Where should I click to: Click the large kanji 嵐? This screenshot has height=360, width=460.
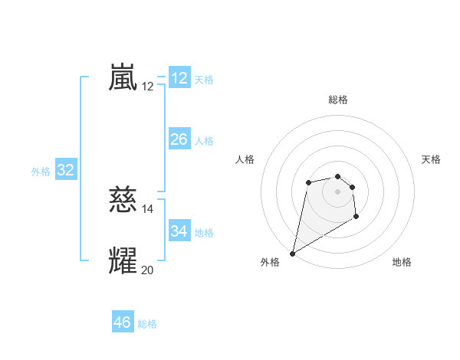point(123,78)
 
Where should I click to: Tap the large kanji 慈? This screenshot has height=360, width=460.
point(123,201)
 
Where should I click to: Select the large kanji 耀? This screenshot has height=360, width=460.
point(123,260)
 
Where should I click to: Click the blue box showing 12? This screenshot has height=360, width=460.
point(179,78)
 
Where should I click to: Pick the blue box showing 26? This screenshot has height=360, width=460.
point(179,139)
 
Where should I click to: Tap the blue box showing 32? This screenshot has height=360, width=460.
point(66,170)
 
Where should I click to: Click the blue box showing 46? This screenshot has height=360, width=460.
point(123,322)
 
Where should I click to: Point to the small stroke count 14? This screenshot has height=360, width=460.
point(148,209)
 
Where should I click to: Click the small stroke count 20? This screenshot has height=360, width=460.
point(148,269)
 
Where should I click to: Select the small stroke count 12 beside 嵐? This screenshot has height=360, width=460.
point(148,87)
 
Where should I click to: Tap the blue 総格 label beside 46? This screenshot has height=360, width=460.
point(147,324)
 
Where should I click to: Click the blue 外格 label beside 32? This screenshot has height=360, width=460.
point(41,172)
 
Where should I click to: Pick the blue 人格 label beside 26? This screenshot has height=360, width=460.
point(204,141)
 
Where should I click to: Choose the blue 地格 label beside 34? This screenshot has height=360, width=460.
point(204,233)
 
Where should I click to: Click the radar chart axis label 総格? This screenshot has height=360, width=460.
point(338,100)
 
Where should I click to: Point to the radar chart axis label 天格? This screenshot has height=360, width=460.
point(431,159)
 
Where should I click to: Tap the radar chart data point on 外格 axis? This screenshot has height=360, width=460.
point(292,254)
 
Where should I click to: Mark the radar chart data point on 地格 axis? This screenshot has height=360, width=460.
point(356,218)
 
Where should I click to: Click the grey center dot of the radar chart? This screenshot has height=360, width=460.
point(338,191)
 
